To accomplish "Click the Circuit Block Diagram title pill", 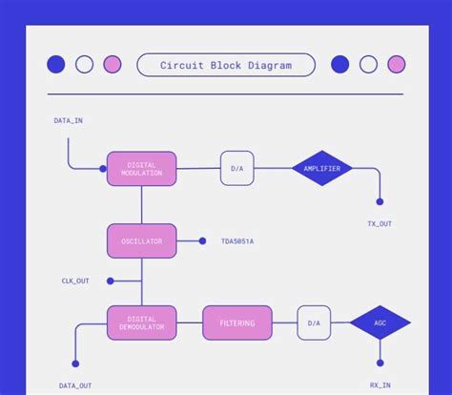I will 226,65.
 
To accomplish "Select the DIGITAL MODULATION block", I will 141,169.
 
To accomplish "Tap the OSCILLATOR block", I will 141,241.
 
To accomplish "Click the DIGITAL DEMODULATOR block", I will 141,322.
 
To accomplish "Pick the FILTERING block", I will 237,322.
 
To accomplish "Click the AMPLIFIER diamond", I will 322,169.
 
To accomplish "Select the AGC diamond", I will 380,322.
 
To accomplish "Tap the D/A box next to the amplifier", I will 237,169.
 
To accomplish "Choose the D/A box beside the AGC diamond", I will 314,322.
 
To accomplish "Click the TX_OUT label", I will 380,223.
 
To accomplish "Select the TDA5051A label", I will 237,241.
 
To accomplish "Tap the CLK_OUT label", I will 75,281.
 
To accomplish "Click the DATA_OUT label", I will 75,385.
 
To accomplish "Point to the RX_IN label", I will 380,385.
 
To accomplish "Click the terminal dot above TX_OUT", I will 380,201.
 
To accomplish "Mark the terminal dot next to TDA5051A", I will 202,241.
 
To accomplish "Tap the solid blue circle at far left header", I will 56,65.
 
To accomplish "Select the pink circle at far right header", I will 397,65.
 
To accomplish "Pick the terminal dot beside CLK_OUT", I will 111,281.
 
